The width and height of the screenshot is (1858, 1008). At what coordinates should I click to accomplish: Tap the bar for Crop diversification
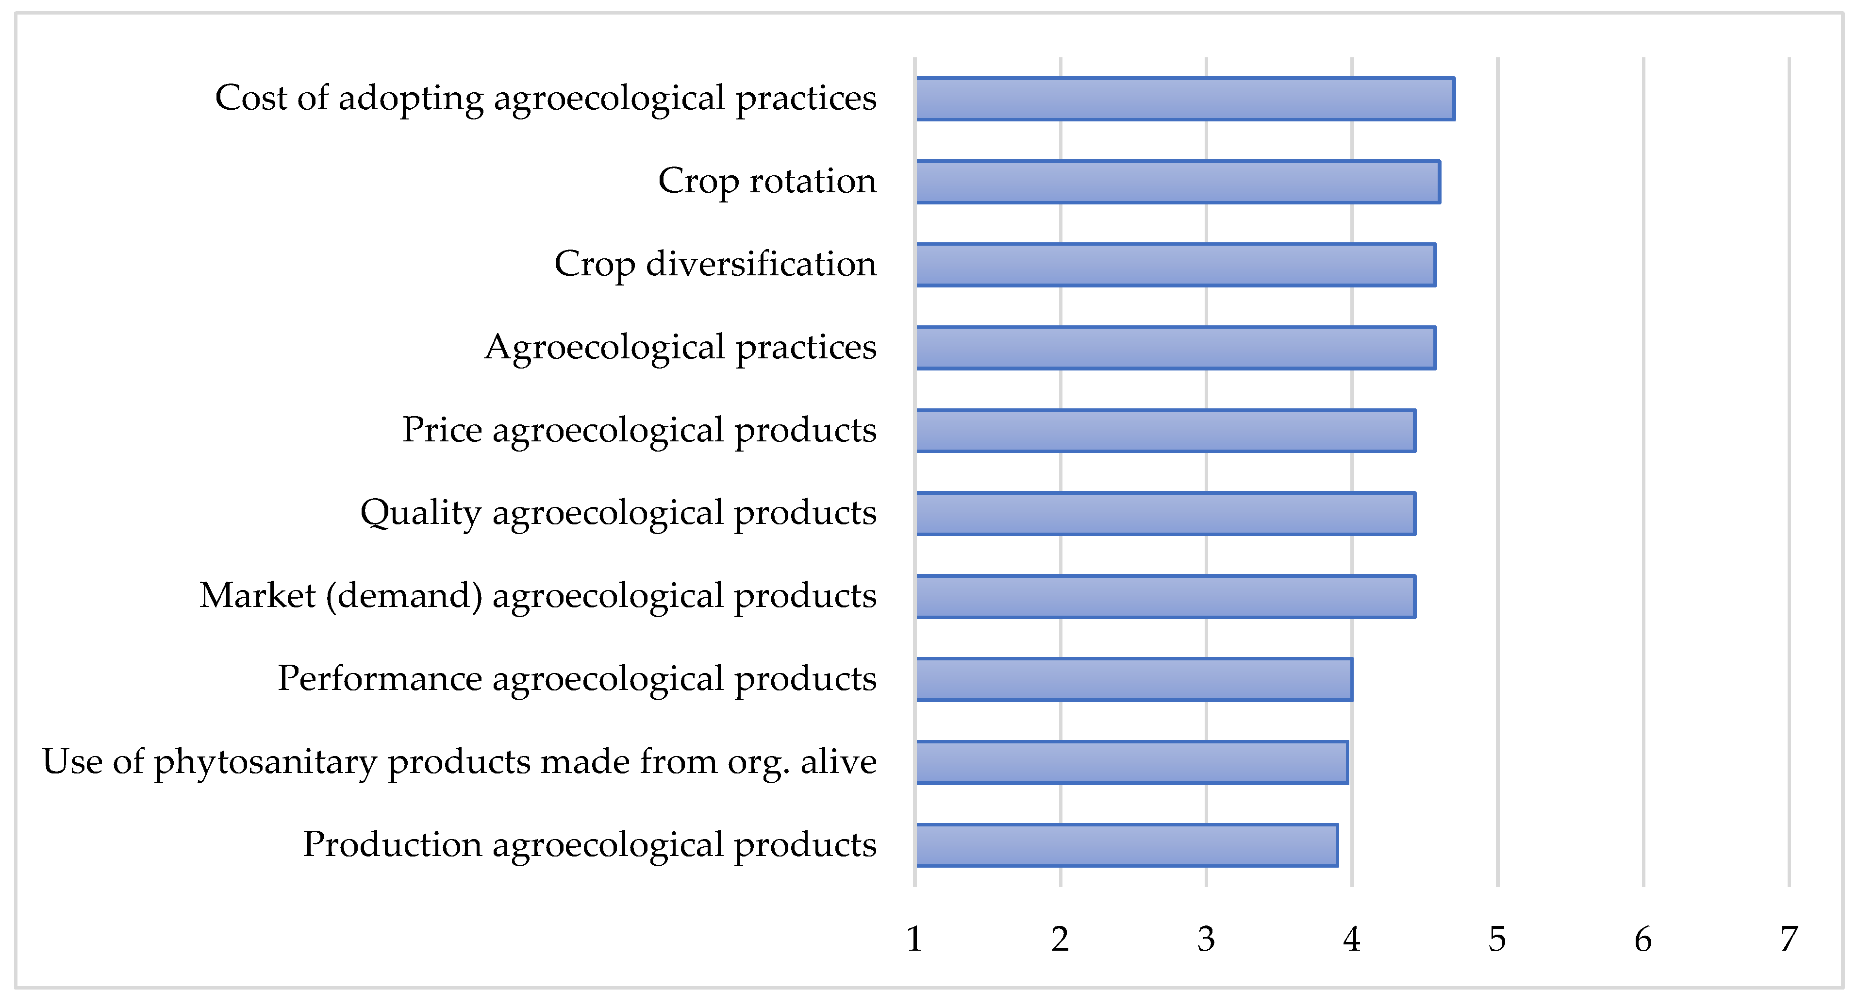(x=1175, y=265)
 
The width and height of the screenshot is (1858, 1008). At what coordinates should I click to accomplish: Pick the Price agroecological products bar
(x=1165, y=431)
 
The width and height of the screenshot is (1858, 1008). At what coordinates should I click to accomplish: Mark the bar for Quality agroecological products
(x=1165, y=514)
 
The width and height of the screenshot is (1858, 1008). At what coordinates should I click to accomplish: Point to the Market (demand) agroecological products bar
(x=1165, y=597)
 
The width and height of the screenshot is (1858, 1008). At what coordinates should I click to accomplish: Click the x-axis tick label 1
(x=914, y=940)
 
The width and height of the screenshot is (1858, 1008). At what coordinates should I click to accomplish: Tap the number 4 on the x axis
(x=1351, y=940)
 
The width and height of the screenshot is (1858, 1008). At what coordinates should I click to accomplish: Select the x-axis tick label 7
(x=1788, y=940)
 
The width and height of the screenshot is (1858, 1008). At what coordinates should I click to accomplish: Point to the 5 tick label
(x=1497, y=940)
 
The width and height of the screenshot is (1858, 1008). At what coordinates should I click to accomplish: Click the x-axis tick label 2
(x=1060, y=940)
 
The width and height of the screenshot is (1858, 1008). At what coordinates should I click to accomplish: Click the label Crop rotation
(x=767, y=181)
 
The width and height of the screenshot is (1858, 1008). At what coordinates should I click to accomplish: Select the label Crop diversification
(x=715, y=263)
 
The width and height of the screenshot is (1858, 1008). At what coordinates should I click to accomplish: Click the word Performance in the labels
(x=380, y=678)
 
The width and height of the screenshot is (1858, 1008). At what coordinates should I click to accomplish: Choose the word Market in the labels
(x=257, y=595)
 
